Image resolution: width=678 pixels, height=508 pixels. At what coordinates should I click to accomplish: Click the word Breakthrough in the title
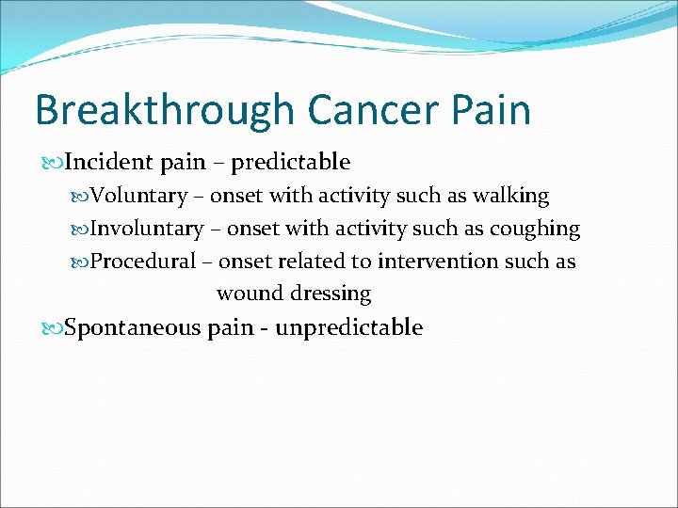coord(164,110)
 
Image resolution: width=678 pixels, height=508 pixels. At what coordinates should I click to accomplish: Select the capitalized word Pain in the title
coord(492,110)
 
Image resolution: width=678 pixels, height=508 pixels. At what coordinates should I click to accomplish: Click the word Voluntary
coord(137,196)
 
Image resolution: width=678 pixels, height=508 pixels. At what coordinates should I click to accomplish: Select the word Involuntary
coord(146,229)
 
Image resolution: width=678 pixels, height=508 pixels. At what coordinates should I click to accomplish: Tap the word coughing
coord(540,229)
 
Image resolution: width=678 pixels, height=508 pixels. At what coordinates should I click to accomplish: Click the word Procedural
coord(143,261)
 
